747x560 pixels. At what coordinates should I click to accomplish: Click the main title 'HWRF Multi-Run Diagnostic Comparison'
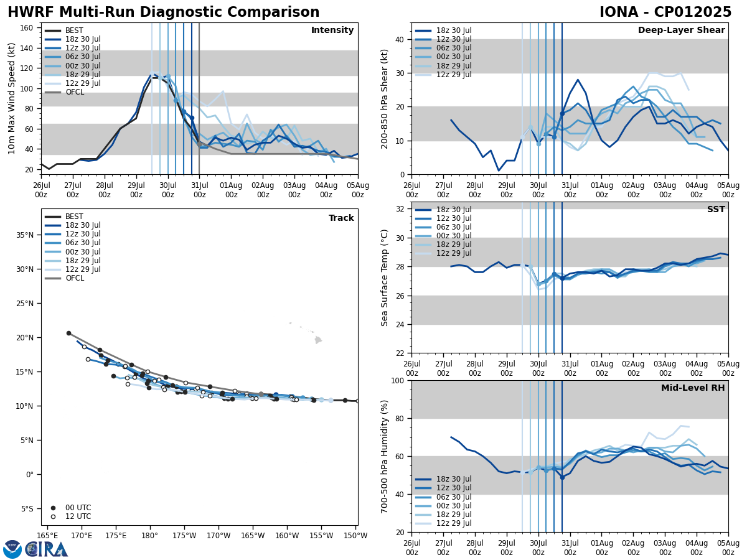pos(163,12)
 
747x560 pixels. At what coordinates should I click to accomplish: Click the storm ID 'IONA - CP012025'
pos(665,12)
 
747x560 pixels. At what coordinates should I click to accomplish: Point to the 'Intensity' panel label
pos(332,30)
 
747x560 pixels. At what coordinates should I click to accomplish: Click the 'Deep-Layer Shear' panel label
pos(681,30)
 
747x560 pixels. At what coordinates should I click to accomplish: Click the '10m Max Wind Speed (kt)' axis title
pos(12,98)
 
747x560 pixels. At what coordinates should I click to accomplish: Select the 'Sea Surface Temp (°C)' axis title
pos(385,278)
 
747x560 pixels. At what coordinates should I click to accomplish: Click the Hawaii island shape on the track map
pos(318,340)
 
